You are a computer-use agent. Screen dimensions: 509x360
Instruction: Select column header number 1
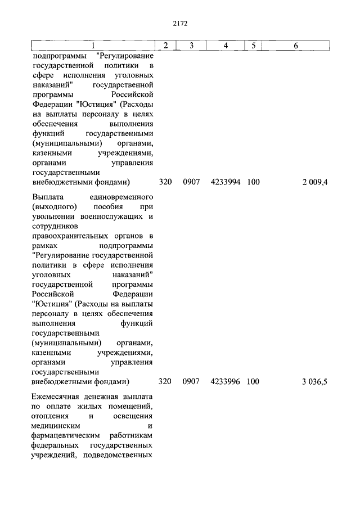[x=93, y=45]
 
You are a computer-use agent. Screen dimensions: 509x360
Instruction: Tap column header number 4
[x=225, y=45]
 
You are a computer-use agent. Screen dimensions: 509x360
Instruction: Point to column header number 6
[x=295, y=45]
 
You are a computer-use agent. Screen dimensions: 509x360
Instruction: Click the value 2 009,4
[x=314, y=182]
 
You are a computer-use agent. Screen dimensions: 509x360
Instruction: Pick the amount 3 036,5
[x=314, y=382]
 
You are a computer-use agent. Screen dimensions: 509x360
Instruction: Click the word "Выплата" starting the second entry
[x=48, y=197]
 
